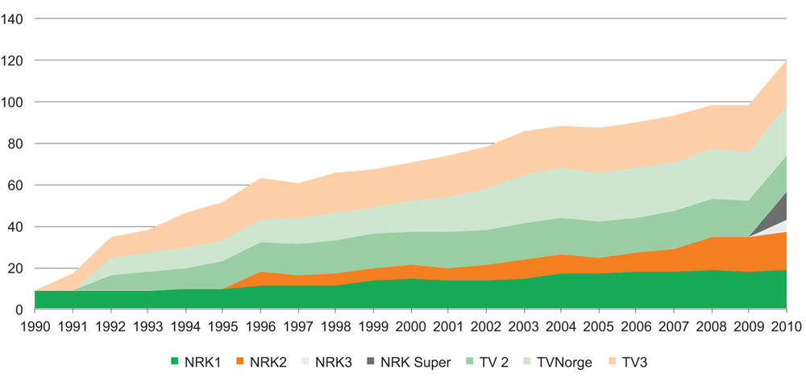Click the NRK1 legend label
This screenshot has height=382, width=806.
click(204, 363)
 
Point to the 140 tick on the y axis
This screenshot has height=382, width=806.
click(17, 19)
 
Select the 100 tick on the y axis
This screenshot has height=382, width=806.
click(17, 102)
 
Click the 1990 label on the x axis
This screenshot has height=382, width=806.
click(36, 326)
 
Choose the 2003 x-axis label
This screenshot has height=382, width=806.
click(525, 326)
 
